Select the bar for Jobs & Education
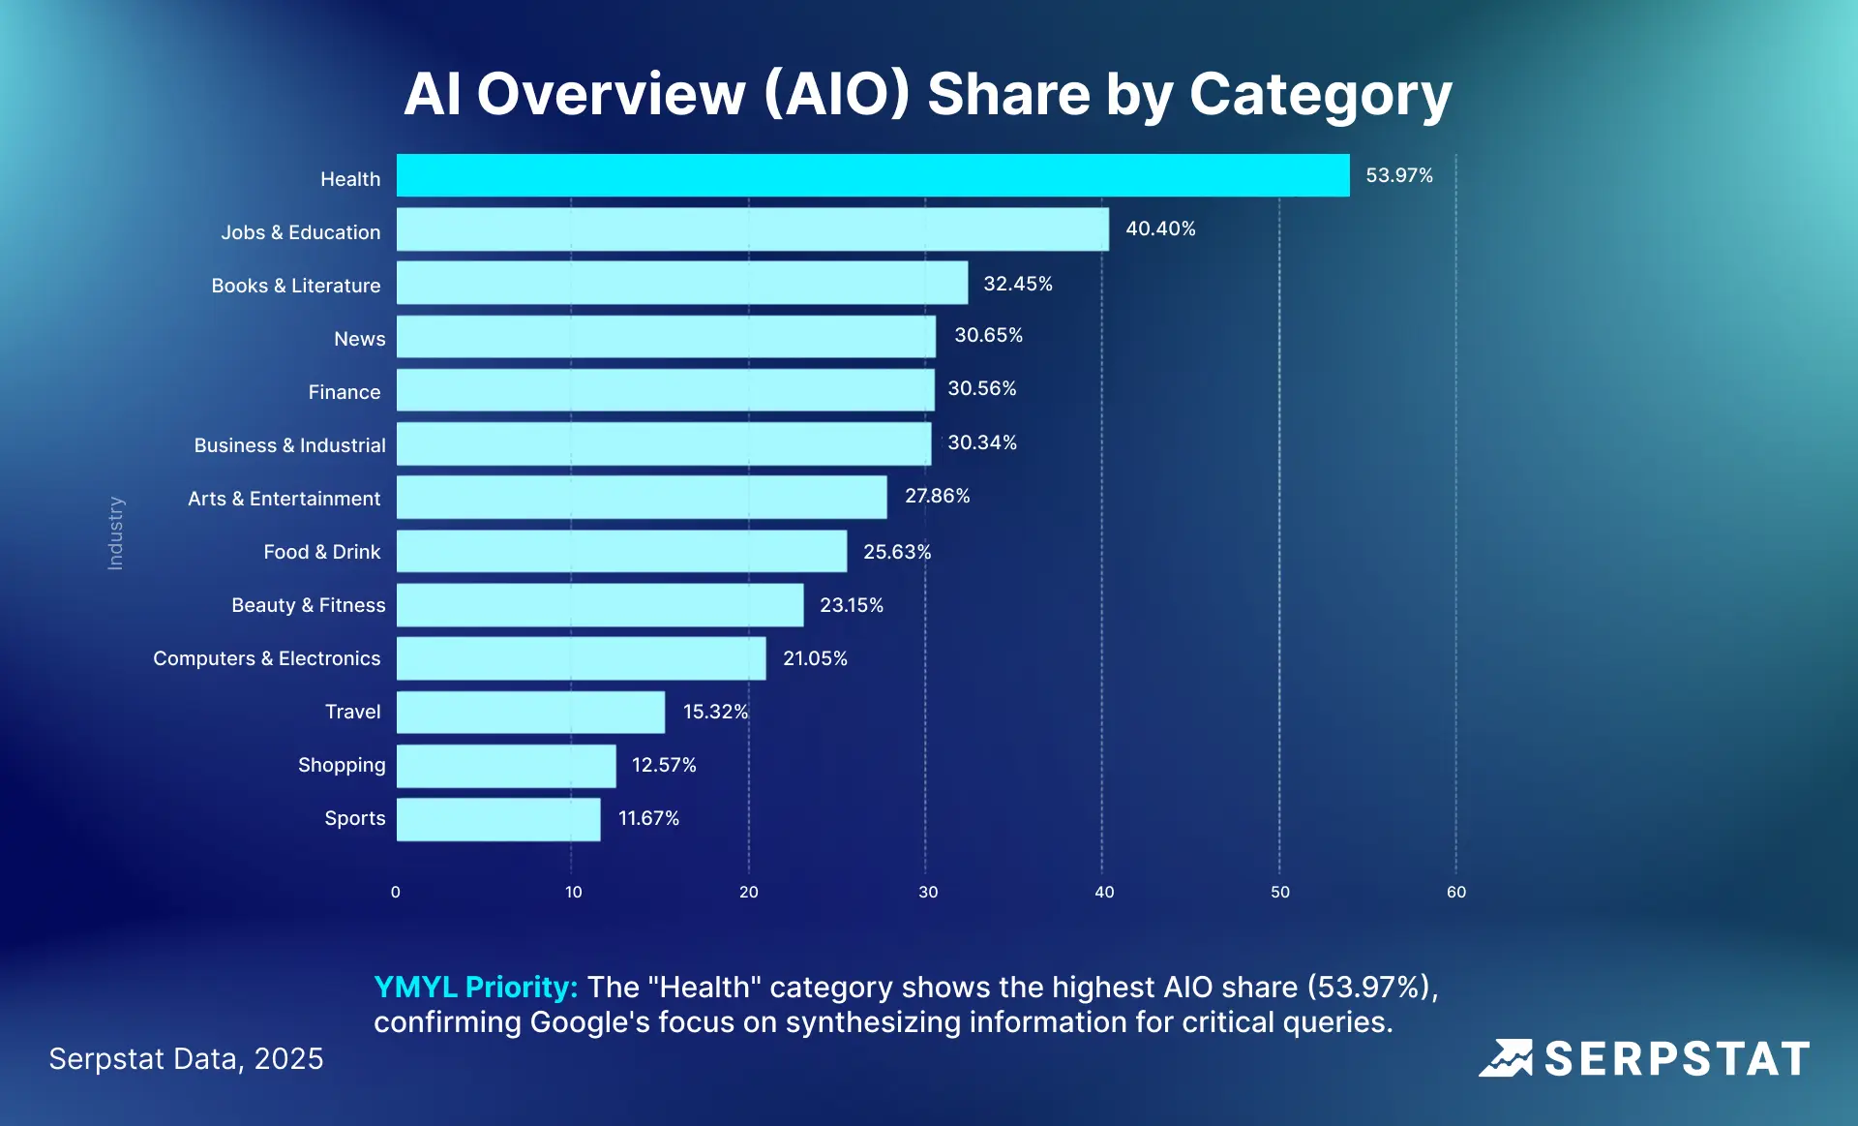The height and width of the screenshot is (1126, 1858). [x=753, y=229]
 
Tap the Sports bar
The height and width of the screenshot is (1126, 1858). [x=498, y=819]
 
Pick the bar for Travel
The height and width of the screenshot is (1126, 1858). [x=530, y=712]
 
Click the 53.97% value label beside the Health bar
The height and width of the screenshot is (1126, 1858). [x=1398, y=175]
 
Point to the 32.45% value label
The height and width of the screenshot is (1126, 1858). [x=1017, y=284]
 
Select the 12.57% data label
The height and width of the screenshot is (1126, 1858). [x=664, y=765]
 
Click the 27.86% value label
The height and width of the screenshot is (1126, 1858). [x=937, y=496]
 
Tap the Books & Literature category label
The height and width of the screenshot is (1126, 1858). [x=296, y=286]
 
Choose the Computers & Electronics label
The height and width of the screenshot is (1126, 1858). [x=267, y=658]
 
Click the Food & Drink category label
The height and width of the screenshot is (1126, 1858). [x=322, y=552]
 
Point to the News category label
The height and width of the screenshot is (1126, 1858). [x=359, y=339]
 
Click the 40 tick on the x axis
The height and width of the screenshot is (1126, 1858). [x=1104, y=892]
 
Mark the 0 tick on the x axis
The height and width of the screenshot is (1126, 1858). [x=395, y=892]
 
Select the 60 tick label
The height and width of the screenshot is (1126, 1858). [x=1455, y=892]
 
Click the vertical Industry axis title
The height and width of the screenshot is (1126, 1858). [x=115, y=533]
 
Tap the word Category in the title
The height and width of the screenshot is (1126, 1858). [x=1320, y=95]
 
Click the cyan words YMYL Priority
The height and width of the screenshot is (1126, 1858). [x=475, y=987]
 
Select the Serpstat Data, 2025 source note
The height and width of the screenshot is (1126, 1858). [x=186, y=1058]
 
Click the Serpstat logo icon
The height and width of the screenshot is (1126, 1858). [x=1506, y=1058]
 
